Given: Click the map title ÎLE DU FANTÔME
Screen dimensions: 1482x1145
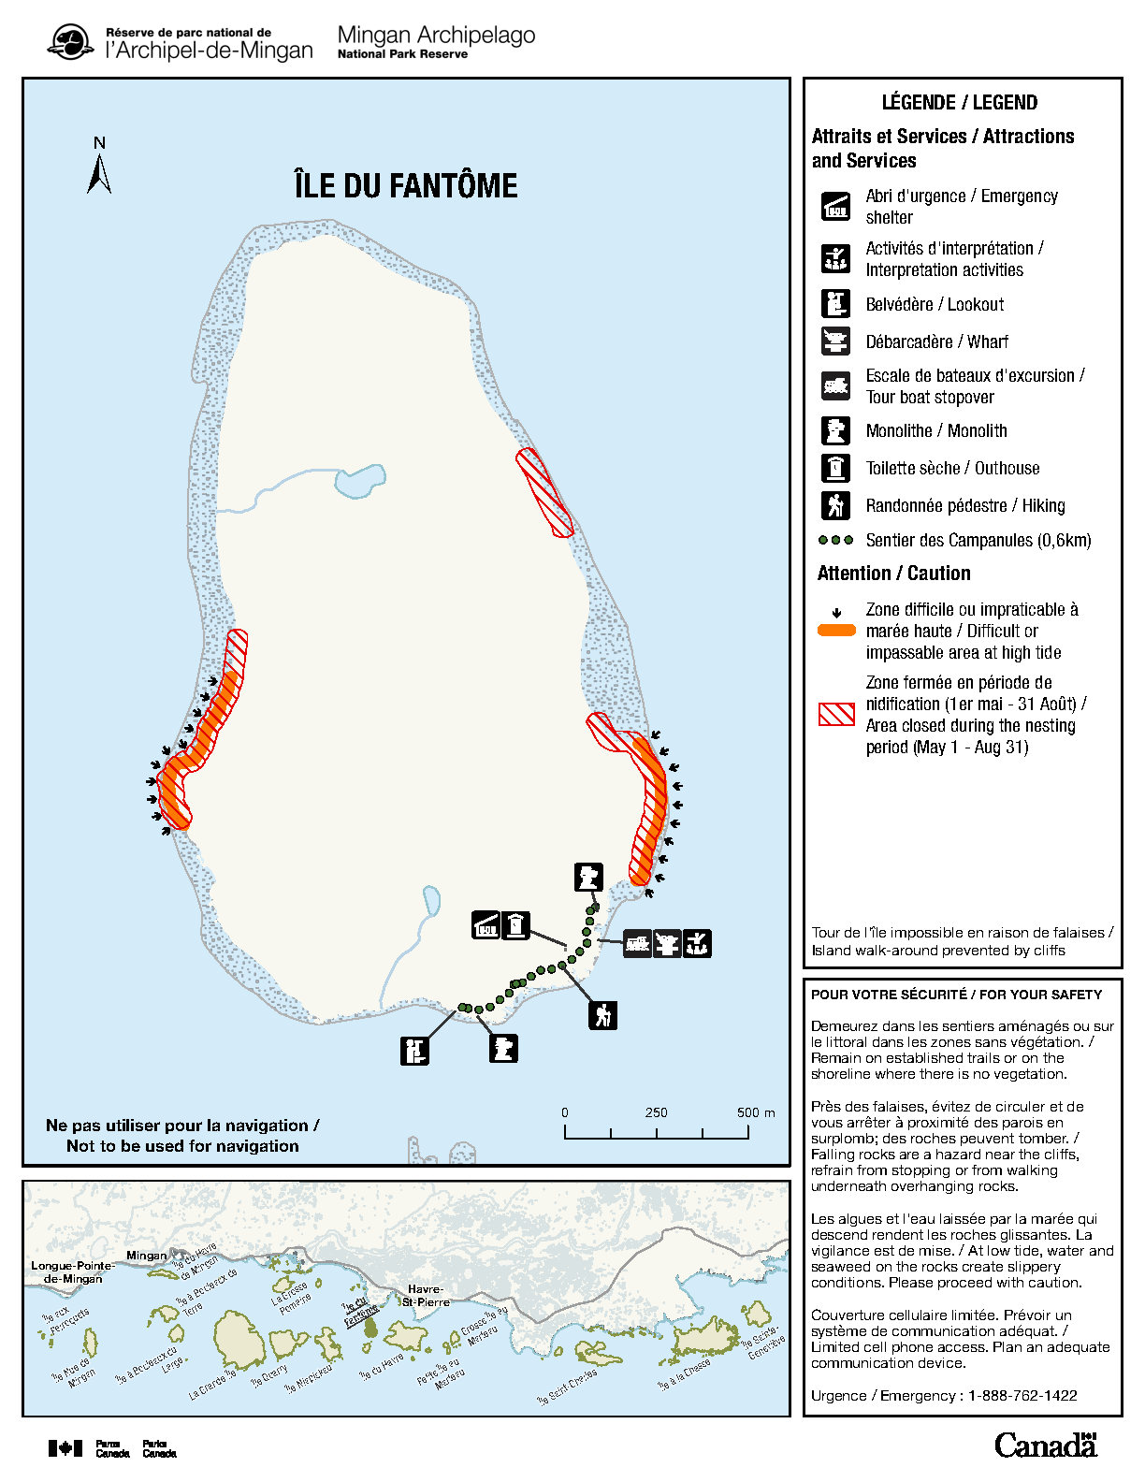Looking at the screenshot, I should [x=405, y=185].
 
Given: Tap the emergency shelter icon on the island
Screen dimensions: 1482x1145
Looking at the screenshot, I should [x=486, y=925].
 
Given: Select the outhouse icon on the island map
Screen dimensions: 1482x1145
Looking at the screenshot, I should [x=515, y=925].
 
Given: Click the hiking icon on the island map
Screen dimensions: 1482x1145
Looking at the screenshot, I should [x=603, y=1014].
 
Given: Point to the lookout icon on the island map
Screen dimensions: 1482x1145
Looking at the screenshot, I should [x=414, y=1051].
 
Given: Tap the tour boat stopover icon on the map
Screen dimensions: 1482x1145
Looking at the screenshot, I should [x=638, y=943].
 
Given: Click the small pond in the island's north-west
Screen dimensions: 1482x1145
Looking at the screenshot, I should [x=360, y=478].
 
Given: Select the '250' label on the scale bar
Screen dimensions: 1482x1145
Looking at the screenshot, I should [x=656, y=1112].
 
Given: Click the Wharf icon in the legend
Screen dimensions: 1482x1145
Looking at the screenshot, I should [x=835, y=341].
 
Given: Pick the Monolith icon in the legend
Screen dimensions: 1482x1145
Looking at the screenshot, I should [x=835, y=430].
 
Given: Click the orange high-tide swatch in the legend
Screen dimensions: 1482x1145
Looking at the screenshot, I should [x=836, y=631].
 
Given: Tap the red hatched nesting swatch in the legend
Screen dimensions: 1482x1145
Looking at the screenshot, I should [x=836, y=714].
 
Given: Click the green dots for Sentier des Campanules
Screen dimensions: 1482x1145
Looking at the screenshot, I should [x=835, y=540].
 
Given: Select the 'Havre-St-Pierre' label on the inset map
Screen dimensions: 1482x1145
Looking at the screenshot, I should [x=426, y=1295].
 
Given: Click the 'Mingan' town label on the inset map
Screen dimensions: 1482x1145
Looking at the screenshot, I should [x=146, y=1256].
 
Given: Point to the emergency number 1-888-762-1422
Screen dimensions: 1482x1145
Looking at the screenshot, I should [x=1022, y=1395].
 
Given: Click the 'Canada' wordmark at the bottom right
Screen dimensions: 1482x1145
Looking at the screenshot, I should [x=1045, y=1445].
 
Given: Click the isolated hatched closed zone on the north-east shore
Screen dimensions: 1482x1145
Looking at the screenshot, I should [x=544, y=492].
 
